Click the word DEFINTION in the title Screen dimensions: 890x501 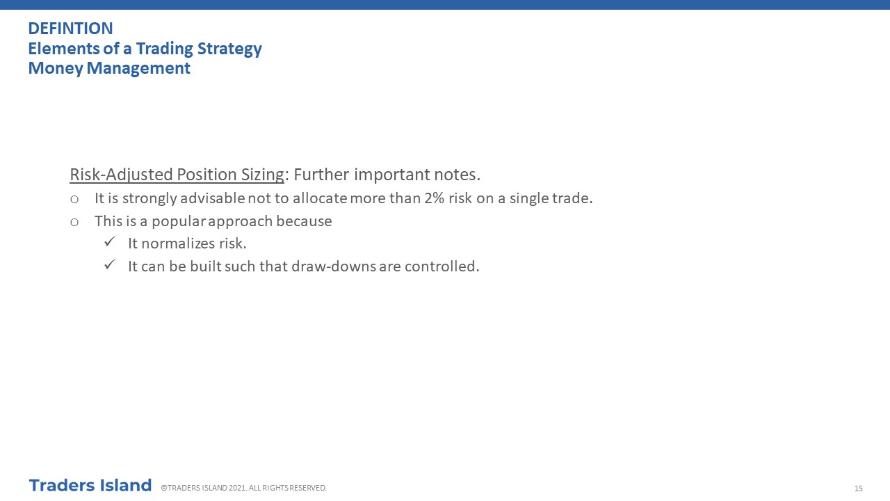[70, 29]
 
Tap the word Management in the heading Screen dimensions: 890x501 [138, 68]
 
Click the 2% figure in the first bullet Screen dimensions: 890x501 [434, 198]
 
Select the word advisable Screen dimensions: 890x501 [213, 198]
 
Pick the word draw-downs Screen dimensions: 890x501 [334, 267]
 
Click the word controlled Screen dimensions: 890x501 [442, 267]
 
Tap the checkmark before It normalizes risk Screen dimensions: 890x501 [110, 241]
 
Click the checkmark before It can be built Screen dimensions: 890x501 [110, 264]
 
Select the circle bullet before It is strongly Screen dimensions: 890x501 [74, 199]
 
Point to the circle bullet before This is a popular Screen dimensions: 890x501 [74, 222]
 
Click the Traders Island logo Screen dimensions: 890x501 [90, 486]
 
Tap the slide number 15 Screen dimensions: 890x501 [859, 488]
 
